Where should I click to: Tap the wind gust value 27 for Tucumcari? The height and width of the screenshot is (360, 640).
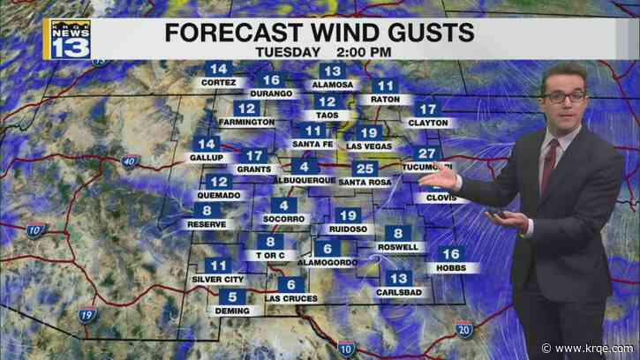coord(431,153)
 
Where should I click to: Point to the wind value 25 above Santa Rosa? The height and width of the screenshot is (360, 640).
coord(365,169)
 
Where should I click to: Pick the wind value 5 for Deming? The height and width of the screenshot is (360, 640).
coord(233,297)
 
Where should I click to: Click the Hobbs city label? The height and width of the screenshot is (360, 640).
coord(451,266)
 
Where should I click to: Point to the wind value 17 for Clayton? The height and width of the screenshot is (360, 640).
coord(429,109)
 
